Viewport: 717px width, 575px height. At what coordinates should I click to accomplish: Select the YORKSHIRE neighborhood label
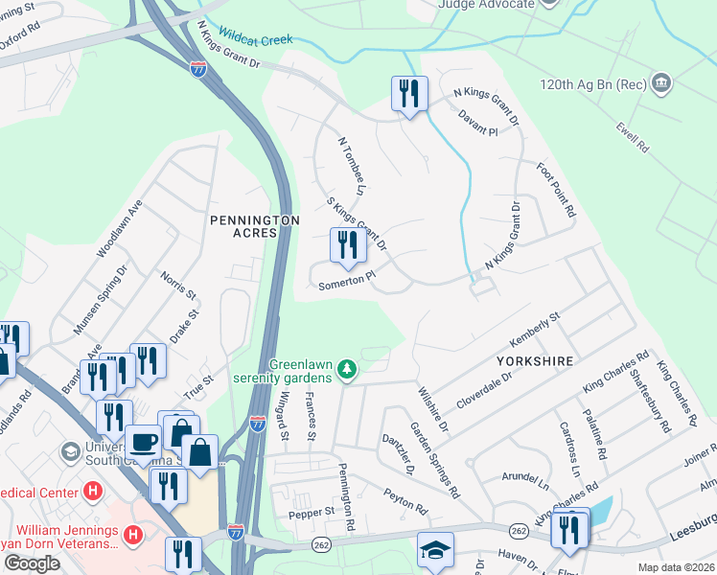point(535,361)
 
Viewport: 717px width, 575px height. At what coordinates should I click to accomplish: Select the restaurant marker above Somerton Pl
point(348,245)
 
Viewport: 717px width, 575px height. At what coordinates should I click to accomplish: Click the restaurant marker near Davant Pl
point(409,95)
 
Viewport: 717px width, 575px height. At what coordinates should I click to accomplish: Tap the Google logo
point(31,563)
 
